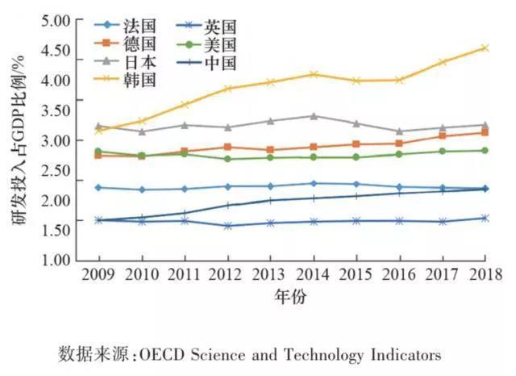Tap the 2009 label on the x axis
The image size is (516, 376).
tap(98, 275)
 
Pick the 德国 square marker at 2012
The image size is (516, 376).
tap(228, 147)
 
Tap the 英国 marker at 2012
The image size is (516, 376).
tap(228, 226)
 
